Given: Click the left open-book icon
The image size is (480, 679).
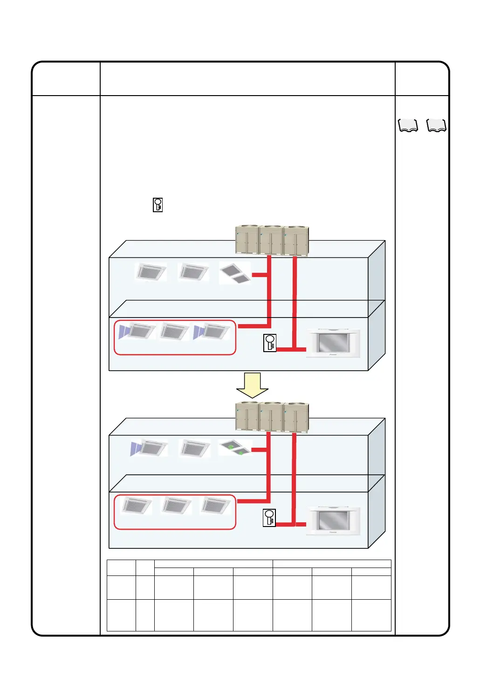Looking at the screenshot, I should coord(408,125).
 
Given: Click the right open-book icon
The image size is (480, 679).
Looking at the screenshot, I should coord(437,125).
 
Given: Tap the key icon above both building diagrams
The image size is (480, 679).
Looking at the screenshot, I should coord(158,205).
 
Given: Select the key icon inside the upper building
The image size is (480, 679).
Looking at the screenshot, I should coord(270,343).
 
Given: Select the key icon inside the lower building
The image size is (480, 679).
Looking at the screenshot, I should coord(269,518).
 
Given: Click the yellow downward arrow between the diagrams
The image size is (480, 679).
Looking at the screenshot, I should coord(252,385).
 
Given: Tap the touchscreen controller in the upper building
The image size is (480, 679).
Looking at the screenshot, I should coord(333,343).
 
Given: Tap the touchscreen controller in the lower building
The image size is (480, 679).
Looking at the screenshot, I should coord(333,520).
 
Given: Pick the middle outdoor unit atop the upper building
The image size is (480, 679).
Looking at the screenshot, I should coord(271,240).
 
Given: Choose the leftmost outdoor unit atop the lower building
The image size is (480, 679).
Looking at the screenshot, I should coord(247,416).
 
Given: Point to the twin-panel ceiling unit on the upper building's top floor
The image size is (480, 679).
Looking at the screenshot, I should coord(235,273).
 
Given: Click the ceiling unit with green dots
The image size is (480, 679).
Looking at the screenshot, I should coord(236,448).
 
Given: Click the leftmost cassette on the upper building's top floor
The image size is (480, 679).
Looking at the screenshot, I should coord(151,271).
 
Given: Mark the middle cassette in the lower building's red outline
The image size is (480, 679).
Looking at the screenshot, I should coord(176,506).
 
